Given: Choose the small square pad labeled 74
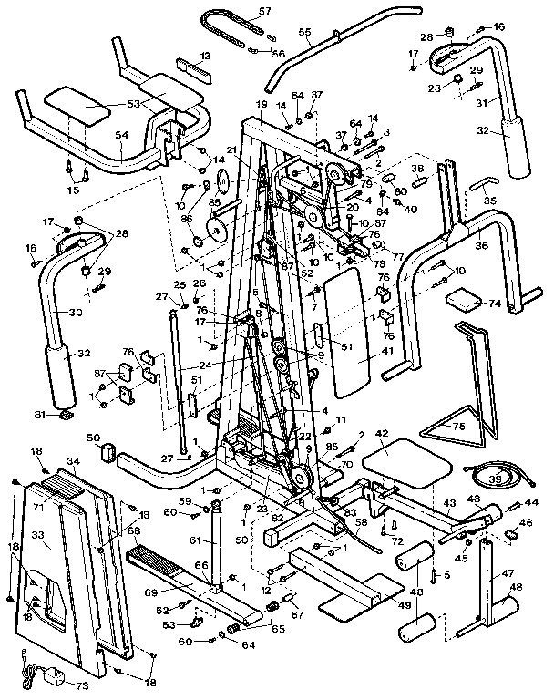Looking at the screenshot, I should tap(465, 300).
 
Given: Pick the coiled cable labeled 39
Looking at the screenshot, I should tap(497, 475).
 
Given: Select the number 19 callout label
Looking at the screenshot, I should tap(262, 106).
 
